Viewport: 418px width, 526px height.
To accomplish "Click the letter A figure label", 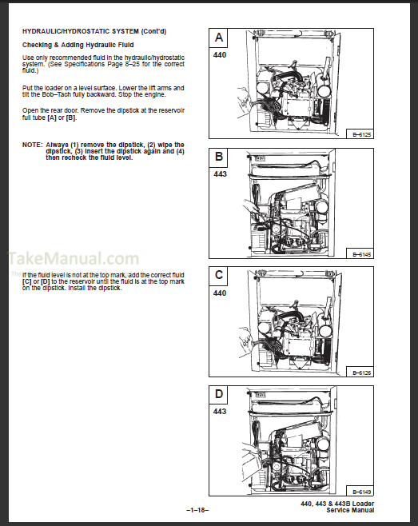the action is click(219, 38).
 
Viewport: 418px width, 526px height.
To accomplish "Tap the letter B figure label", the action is click(219, 157).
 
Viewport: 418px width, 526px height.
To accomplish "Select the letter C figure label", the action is click(219, 275).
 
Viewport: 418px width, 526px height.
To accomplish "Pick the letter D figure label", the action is click(219, 393).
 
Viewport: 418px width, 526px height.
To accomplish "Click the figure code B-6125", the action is click(361, 135).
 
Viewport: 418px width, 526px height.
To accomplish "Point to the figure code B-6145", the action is click(361, 255).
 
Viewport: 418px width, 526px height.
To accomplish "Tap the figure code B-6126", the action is click(361, 373).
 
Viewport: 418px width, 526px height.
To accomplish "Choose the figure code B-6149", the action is click(361, 492).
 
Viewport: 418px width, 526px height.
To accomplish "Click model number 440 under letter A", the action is click(220, 55).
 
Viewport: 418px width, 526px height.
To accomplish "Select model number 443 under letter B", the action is click(220, 174).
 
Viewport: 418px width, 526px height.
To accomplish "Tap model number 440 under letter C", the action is click(220, 293).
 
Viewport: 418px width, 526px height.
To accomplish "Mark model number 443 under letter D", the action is click(220, 411).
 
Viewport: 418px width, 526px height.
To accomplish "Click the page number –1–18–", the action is click(197, 510).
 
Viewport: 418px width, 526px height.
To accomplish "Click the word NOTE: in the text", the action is click(33, 145).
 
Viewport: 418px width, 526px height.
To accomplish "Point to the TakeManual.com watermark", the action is click(74, 259).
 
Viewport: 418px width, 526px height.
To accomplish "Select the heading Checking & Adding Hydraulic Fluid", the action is click(78, 45).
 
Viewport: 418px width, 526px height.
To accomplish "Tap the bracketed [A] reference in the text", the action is click(52, 118).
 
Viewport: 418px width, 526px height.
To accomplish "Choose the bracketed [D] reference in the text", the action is click(45, 281).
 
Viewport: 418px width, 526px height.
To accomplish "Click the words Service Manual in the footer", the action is click(350, 510).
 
